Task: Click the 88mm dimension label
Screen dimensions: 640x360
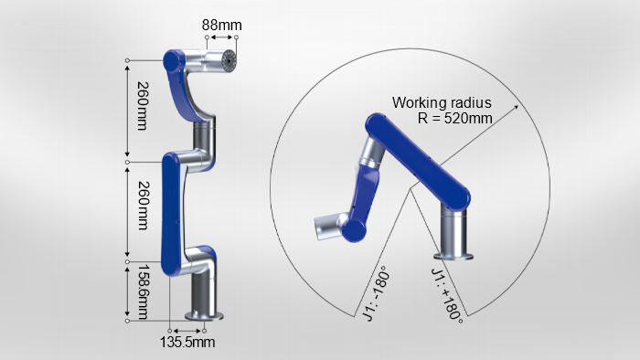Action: point(221,26)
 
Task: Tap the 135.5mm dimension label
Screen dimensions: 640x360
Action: point(187,342)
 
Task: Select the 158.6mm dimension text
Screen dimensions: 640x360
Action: point(143,291)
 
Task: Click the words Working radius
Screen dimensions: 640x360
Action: point(442,102)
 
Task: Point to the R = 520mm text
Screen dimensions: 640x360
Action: point(454,118)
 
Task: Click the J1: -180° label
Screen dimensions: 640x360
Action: point(376,293)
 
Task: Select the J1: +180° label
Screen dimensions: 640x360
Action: point(447,295)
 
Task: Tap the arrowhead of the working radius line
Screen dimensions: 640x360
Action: point(516,107)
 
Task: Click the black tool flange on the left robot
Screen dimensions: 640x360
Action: point(229,61)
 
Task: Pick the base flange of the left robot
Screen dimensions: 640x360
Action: point(204,316)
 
